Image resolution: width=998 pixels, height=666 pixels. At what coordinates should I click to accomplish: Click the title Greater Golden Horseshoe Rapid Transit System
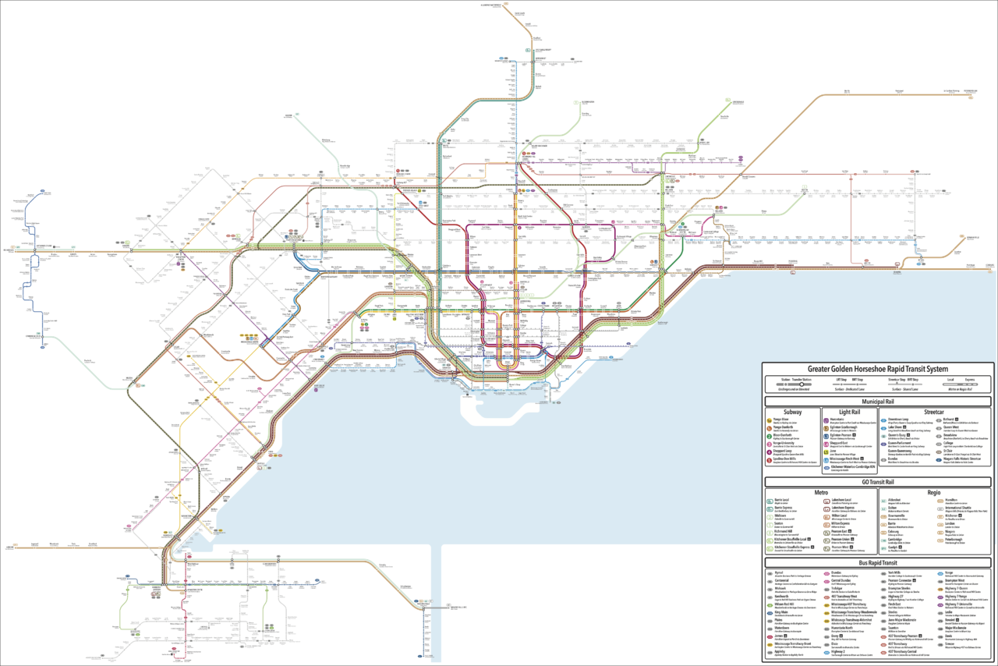(878, 369)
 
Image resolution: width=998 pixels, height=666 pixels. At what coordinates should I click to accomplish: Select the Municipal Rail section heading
(878, 402)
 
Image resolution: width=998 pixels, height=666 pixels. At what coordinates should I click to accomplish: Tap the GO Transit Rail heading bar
(878, 482)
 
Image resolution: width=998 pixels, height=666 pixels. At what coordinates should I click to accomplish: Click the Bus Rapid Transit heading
(878, 562)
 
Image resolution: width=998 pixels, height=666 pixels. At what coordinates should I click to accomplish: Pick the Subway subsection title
(792, 412)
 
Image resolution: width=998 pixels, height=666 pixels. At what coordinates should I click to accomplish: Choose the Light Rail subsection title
(850, 412)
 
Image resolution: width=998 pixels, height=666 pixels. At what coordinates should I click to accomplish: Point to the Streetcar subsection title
(934, 412)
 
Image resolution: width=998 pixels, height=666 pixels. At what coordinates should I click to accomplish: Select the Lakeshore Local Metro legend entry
(841, 500)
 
